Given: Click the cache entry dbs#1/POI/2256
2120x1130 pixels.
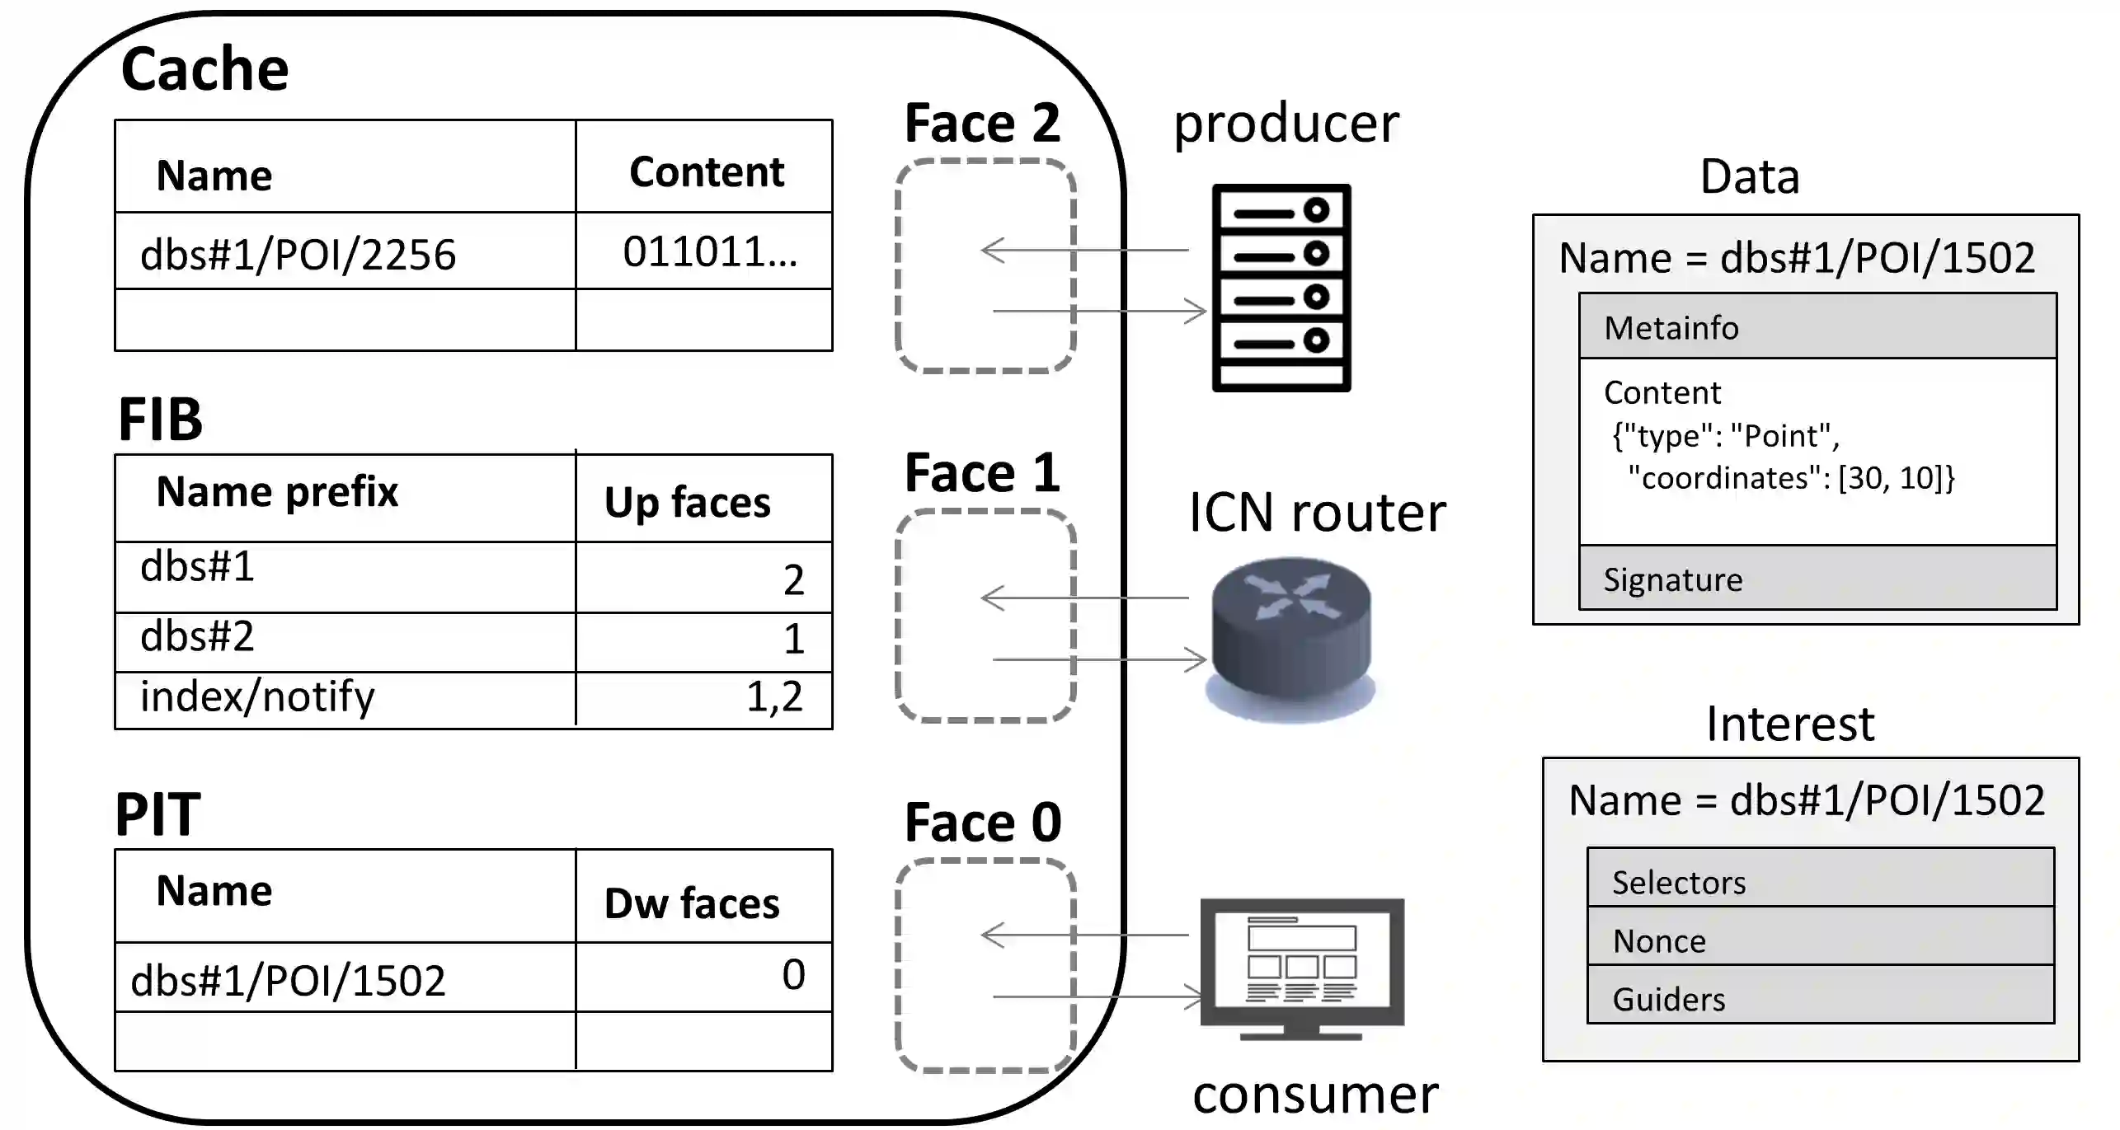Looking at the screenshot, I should tap(298, 254).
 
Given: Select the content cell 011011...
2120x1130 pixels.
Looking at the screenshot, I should tap(709, 251).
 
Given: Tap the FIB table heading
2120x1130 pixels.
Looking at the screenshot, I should tap(160, 420).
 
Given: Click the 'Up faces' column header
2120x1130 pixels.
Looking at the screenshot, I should tap(687, 502).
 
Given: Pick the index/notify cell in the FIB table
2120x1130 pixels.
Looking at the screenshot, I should tap(257, 696).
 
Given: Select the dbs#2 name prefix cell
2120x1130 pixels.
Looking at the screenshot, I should tap(197, 636).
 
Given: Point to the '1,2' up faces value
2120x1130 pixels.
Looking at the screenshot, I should tap(774, 696).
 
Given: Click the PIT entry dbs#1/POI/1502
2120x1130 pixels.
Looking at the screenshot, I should tap(288, 980).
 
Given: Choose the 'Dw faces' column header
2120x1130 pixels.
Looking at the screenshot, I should tap(691, 903).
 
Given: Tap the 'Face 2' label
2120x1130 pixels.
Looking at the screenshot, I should tap(982, 124).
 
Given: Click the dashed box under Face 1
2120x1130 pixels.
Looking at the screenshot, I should tap(985, 616).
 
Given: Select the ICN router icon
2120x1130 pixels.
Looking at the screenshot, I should tap(1290, 639).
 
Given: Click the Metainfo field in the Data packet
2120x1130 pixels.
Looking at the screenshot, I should tap(1817, 327).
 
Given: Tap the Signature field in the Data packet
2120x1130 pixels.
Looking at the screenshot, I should tap(1817, 579).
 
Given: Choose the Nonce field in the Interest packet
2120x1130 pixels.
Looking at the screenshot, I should tap(1820, 940).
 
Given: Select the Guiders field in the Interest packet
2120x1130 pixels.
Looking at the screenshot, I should tap(1820, 998).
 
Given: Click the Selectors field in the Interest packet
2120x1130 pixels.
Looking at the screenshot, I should tap(1820, 881).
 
